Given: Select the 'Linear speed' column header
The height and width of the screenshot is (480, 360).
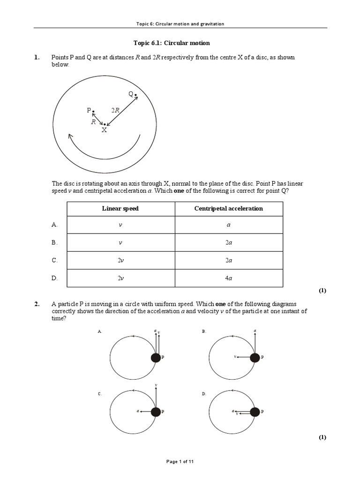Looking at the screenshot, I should pos(120,209).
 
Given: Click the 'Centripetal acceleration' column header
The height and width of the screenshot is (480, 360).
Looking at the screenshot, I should pos(228,209).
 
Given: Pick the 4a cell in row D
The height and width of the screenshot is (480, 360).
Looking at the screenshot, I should pos(228,278).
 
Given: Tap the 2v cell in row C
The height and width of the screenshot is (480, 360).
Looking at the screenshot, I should pos(120,260).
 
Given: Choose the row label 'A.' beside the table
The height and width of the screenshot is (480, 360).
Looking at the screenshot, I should pos(54,225).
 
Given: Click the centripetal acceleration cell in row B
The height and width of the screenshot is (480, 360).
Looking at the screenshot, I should pos(228,243).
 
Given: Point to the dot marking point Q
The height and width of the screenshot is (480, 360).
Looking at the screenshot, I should pos(136,96).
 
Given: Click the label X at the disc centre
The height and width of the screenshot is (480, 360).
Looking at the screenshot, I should pos(104,130).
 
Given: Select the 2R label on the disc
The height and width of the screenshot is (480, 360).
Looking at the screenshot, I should pos(115,110).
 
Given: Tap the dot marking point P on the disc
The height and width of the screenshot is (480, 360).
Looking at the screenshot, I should pos(93,111).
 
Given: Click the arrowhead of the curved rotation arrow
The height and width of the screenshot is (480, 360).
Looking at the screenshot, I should pos(71,137).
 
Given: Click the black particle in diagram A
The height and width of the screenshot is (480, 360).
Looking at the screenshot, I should pos(156,358).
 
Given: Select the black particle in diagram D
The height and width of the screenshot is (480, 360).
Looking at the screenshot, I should pos(255,412).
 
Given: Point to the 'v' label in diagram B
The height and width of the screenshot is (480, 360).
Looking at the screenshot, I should pos(234,357).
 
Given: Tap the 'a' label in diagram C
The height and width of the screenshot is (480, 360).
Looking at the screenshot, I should pos(138,411).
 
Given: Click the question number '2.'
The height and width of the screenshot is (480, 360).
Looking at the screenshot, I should pos(37,304).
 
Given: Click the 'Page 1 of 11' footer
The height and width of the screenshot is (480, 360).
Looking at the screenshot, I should pos(180,462).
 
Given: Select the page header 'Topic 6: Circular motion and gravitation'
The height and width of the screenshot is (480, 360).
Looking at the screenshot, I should pos(180,24).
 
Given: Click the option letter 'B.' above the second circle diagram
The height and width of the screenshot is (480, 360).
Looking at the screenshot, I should pos(204,331).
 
